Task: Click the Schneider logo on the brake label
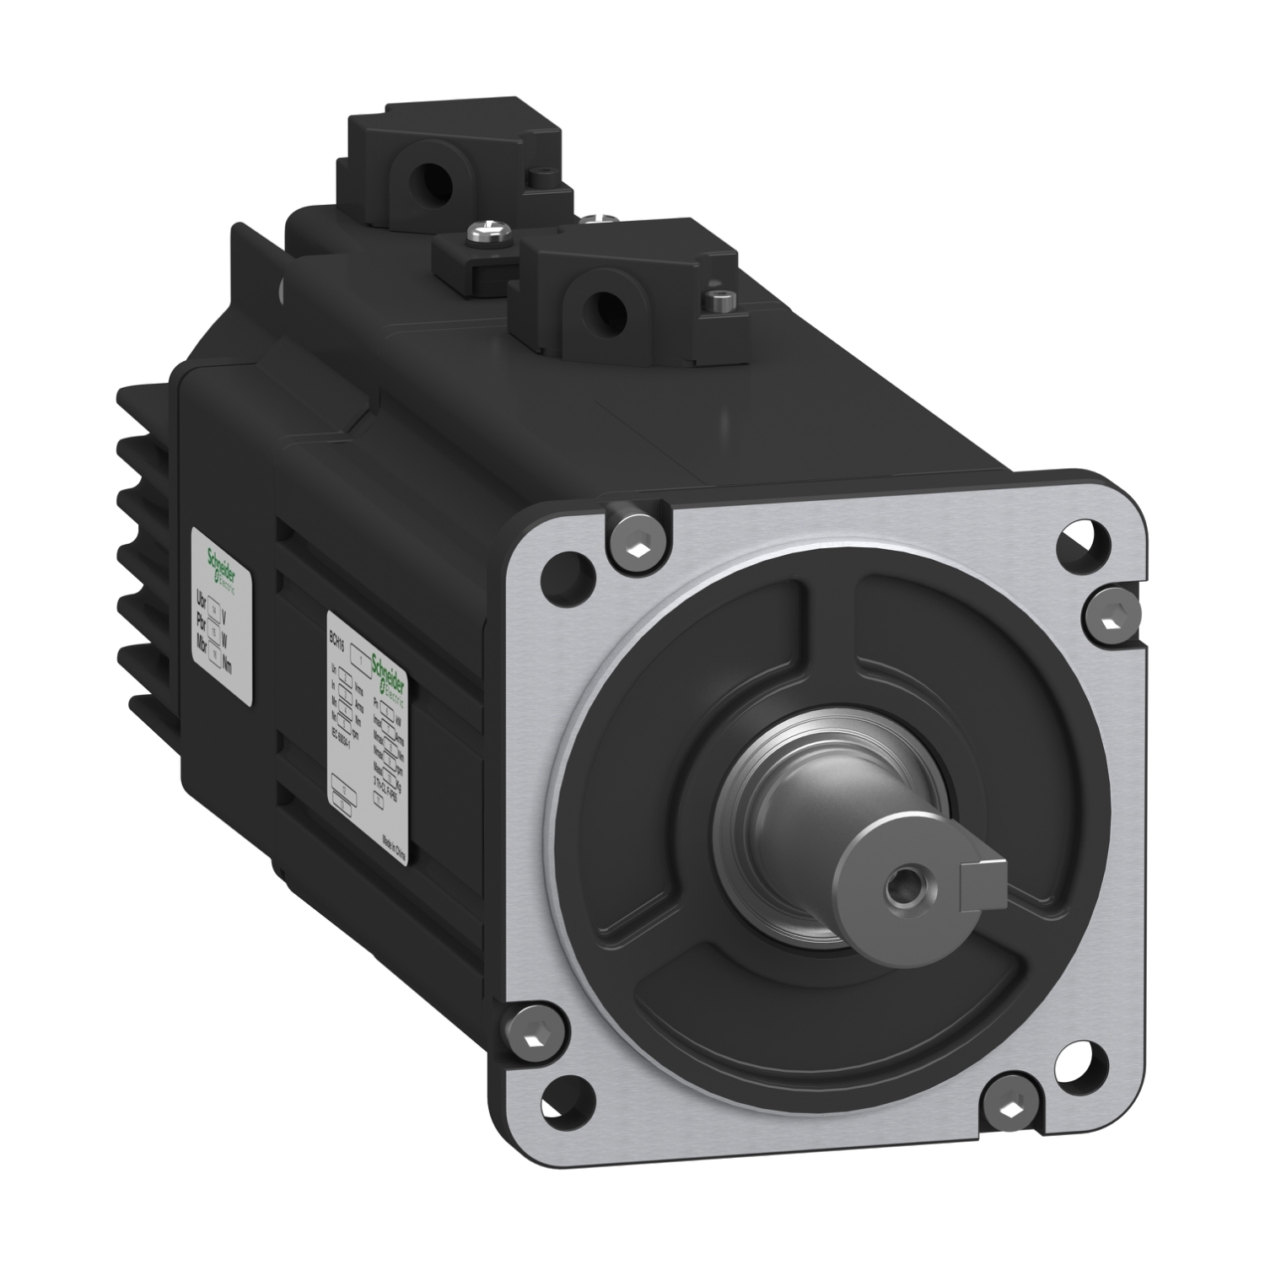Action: tap(223, 565)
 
